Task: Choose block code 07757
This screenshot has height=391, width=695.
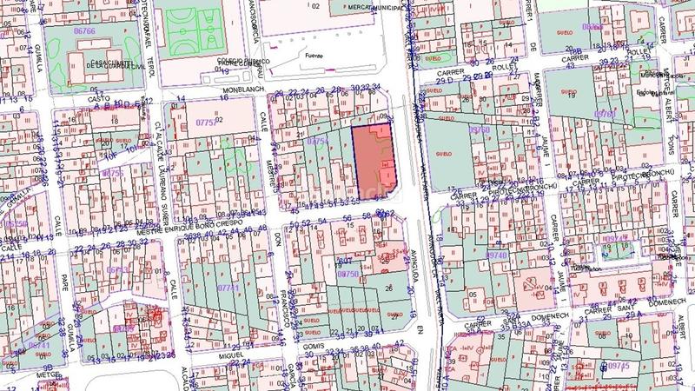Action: click(206, 123)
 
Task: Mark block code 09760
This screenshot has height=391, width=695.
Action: click(480, 129)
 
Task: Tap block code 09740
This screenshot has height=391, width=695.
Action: click(497, 255)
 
